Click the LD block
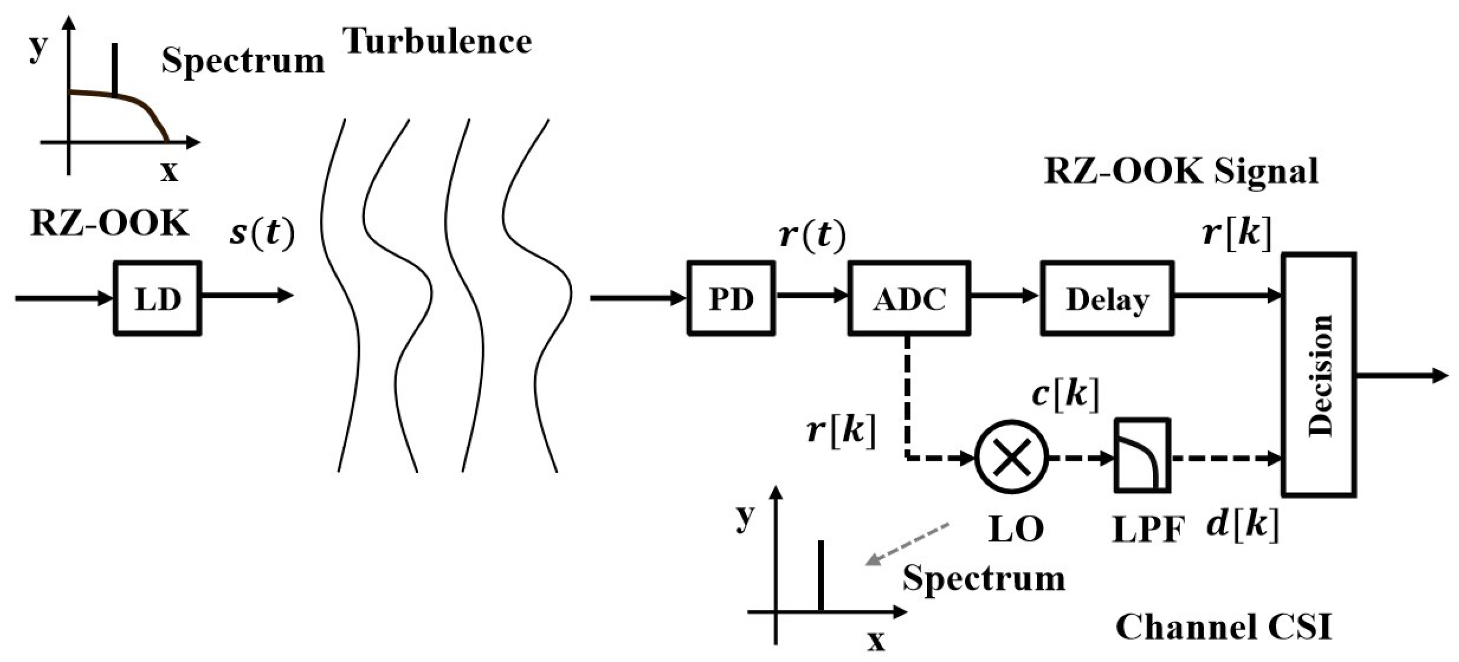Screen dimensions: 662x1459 (158, 298)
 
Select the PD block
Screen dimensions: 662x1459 (731, 298)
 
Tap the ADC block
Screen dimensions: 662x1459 (909, 298)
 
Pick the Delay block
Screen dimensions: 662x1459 (1107, 298)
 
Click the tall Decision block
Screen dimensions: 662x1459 (1319, 375)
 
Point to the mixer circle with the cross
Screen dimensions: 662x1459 (1011, 458)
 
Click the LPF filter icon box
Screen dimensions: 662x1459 (1142, 456)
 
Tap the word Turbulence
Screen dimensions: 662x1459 (437, 41)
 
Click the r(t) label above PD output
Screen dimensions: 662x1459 (812, 235)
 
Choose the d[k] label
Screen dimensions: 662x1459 (1242, 524)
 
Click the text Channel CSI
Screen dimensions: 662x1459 (1224, 628)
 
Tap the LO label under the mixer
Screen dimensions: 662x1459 (1016, 528)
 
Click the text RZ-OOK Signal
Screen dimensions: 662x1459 (1181, 171)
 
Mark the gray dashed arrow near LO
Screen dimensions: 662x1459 (908, 544)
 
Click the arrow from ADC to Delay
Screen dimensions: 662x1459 (1004, 295)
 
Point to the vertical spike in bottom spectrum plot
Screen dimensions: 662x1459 (821, 575)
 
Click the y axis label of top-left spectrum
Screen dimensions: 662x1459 (37, 47)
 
